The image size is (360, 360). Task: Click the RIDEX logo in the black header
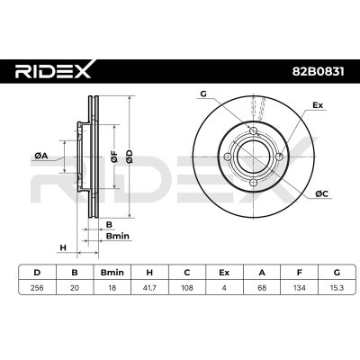coord(53,71)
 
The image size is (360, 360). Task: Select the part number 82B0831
coord(319,71)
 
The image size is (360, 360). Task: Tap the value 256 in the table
coord(37,288)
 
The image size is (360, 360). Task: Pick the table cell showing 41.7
coord(149,288)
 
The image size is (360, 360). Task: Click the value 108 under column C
coord(187,288)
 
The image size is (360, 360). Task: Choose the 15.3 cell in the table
coord(337,288)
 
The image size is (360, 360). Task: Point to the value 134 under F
coord(300,288)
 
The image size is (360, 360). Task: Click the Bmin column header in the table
coord(112,273)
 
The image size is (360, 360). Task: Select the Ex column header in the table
coord(224,273)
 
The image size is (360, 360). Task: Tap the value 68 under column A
coord(262,288)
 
